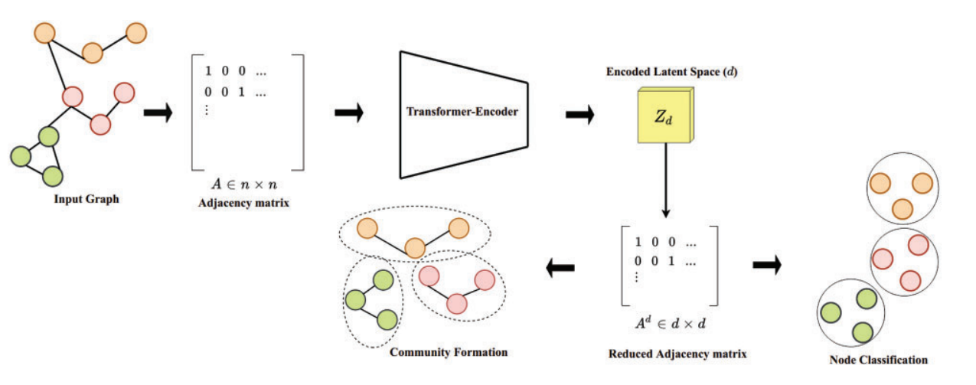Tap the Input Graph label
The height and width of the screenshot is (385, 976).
click(87, 201)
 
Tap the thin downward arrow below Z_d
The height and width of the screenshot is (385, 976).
click(667, 180)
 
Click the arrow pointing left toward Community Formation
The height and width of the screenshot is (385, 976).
click(560, 266)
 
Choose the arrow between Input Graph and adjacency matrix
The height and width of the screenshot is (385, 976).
click(158, 113)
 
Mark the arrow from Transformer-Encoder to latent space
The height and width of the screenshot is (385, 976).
click(580, 115)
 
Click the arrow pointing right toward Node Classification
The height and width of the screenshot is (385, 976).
click(766, 265)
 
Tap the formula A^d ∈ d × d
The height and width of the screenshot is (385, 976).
click(673, 323)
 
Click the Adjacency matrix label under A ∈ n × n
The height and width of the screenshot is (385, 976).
click(243, 203)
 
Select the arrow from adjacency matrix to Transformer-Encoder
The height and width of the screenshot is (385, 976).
click(349, 113)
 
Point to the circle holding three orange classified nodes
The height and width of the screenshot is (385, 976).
click(902, 191)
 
